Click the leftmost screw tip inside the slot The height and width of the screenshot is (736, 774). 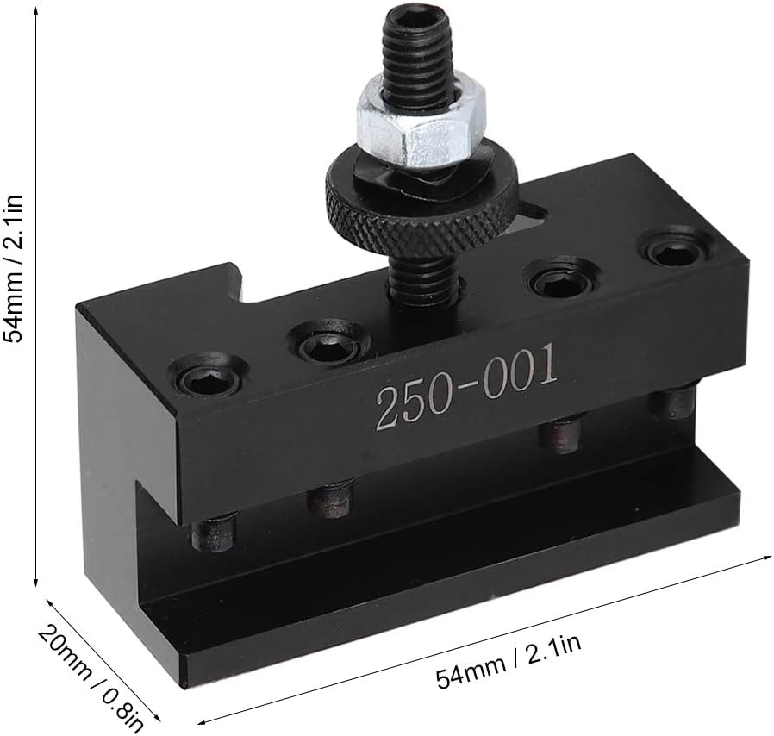click(x=214, y=533)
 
